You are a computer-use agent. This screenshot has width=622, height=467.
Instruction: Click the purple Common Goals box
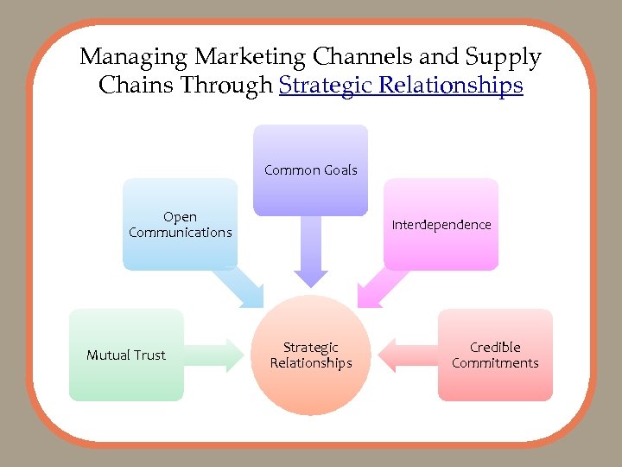coord(310,170)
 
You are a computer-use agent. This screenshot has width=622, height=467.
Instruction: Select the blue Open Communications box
coord(180,224)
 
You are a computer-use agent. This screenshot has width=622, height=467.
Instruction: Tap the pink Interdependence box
coord(441,224)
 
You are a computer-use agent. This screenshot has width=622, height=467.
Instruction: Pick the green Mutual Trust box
coord(126,355)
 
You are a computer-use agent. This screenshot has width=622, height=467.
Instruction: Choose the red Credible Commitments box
coord(495,355)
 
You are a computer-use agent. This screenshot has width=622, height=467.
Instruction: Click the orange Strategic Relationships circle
coord(311,355)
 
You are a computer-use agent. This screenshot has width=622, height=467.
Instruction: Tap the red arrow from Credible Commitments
coord(408,355)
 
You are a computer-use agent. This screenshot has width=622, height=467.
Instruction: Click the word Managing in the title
coord(134,58)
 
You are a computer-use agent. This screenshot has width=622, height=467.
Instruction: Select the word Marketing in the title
coord(250,58)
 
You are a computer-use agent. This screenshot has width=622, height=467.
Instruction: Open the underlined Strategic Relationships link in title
coord(401,86)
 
